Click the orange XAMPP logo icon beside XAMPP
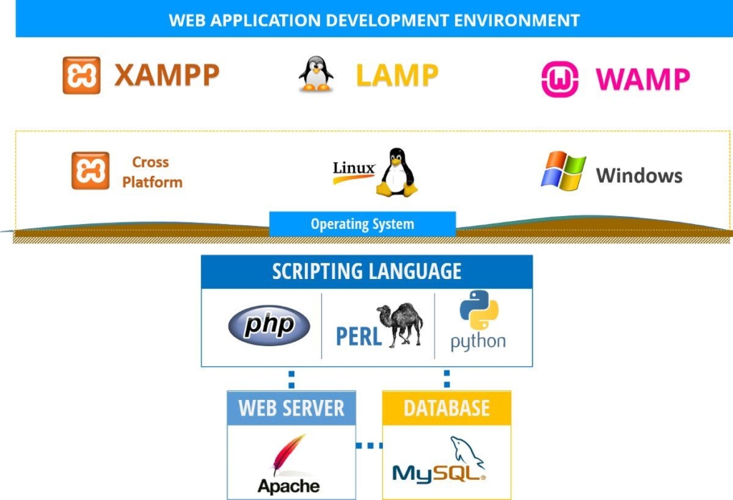(82, 75)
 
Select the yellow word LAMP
(397, 76)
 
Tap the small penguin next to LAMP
(316, 74)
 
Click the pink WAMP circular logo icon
(560, 79)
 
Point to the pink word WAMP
(643, 79)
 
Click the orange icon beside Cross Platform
(90, 170)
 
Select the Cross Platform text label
(152, 172)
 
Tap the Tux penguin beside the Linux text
(397, 172)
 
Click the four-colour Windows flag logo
(563, 170)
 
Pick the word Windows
(639, 176)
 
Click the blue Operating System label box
(362, 224)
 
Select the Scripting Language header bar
(366, 272)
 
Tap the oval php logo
(269, 325)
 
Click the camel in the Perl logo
(399, 324)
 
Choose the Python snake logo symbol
(479, 310)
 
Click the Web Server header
(291, 408)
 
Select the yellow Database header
(447, 408)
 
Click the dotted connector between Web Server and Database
(369, 446)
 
